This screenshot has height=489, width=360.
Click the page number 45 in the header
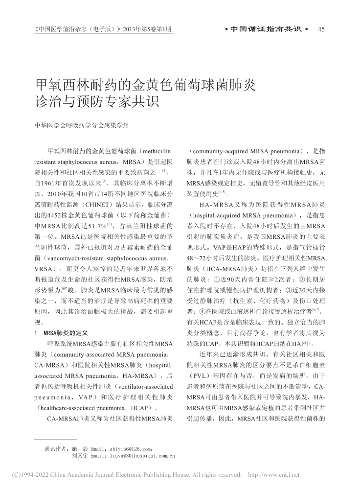point(321,29)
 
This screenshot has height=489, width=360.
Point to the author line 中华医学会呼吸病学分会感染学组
point(82,126)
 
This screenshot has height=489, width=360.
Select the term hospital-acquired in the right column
point(213,215)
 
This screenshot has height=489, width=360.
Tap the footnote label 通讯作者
point(55,448)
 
